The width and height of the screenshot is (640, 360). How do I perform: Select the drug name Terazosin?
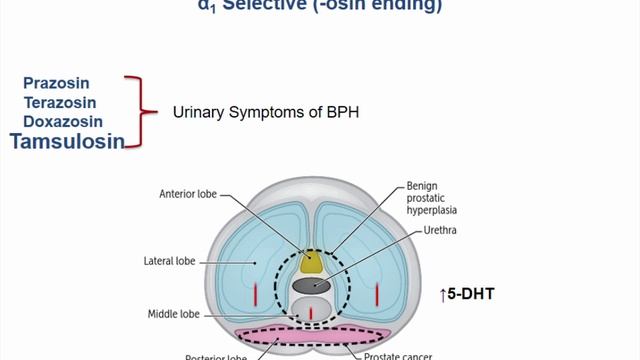66,101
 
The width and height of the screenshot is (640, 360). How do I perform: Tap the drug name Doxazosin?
66,121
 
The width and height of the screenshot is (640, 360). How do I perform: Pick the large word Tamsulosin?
68,141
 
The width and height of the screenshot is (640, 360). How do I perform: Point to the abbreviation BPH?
340,113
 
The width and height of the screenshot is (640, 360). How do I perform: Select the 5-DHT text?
471,294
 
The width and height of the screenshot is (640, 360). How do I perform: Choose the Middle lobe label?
175,313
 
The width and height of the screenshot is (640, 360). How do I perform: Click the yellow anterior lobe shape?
311,263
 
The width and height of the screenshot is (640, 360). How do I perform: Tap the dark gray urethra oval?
311,286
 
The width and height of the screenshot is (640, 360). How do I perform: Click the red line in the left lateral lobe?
256,295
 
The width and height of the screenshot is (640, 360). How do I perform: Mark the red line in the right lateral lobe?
376,295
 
